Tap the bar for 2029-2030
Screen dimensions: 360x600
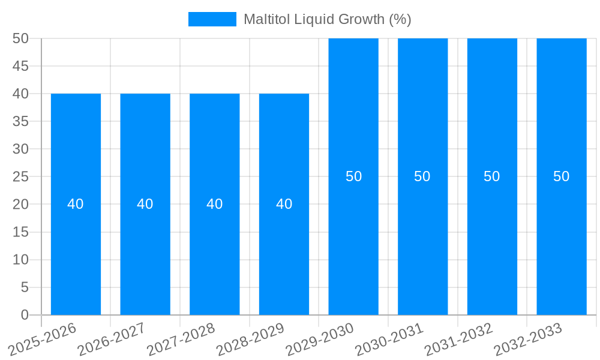pyautogui.click(x=353, y=240)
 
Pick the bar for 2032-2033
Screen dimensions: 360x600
pyautogui.click(x=562, y=240)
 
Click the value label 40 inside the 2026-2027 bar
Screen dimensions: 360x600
pyautogui.click(x=145, y=204)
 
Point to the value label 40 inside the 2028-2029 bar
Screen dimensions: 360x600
pyautogui.click(x=284, y=204)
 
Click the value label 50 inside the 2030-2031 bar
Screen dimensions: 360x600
pyautogui.click(x=422, y=176)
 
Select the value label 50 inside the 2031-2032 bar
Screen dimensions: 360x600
pyautogui.click(x=492, y=176)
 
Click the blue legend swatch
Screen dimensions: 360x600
pyautogui.click(x=212, y=19)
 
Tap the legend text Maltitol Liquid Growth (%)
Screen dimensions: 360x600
pyautogui.click(x=327, y=19)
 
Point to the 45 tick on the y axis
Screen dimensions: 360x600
pyautogui.click(x=21, y=66)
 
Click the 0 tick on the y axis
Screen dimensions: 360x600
pyautogui.click(x=25, y=315)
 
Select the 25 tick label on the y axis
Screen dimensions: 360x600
pyautogui.click(x=21, y=176)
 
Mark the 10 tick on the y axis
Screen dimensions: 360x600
pyautogui.click(x=21, y=260)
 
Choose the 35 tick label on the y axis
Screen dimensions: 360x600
pyautogui.click(x=21, y=121)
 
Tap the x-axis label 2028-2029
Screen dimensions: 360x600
pyautogui.click(x=251, y=339)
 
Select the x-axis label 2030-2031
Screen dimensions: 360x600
pyautogui.click(x=390, y=339)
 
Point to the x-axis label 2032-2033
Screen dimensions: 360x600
pyautogui.click(x=529, y=339)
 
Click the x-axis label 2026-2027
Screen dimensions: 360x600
pyautogui.click(x=112, y=339)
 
